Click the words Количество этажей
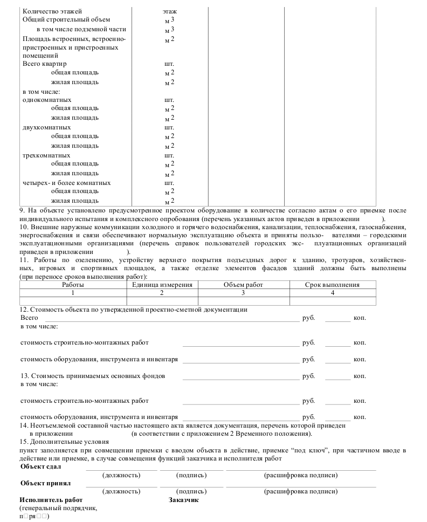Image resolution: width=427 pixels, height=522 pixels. click(x=52, y=11)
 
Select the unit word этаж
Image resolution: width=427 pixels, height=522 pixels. click(x=169, y=11)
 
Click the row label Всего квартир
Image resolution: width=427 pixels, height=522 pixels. click(x=45, y=64)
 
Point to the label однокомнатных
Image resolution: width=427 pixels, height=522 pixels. click(x=47, y=100)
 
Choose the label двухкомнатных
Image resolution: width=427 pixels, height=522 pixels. click(x=47, y=127)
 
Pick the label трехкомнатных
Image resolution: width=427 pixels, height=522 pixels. click(x=46, y=155)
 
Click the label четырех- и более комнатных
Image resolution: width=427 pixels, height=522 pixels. click(x=67, y=183)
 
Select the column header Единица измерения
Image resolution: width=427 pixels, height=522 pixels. click(x=162, y=285)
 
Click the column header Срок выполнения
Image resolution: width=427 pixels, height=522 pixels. click(x=332, y=285)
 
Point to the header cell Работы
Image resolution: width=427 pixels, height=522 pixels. click(x=72, y=285)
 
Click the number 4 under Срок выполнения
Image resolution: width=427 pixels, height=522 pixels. click(x=333, y=293)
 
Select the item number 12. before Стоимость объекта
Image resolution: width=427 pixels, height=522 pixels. click(x=24, y=310)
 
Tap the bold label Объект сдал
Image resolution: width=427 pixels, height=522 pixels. click(x=40, y=466)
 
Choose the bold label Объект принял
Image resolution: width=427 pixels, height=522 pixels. click(x=45, y=483)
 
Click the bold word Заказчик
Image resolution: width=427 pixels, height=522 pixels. click(x=184, y=500)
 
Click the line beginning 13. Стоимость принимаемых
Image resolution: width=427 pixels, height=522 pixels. click(x=92, y=375)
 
